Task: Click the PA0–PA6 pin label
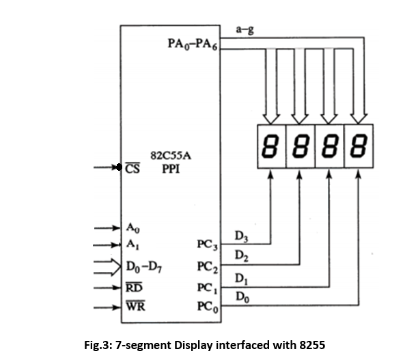point(194,43)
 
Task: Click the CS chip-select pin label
point(133,167)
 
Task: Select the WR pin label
point(135,305)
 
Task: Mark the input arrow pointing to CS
point(110,167)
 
